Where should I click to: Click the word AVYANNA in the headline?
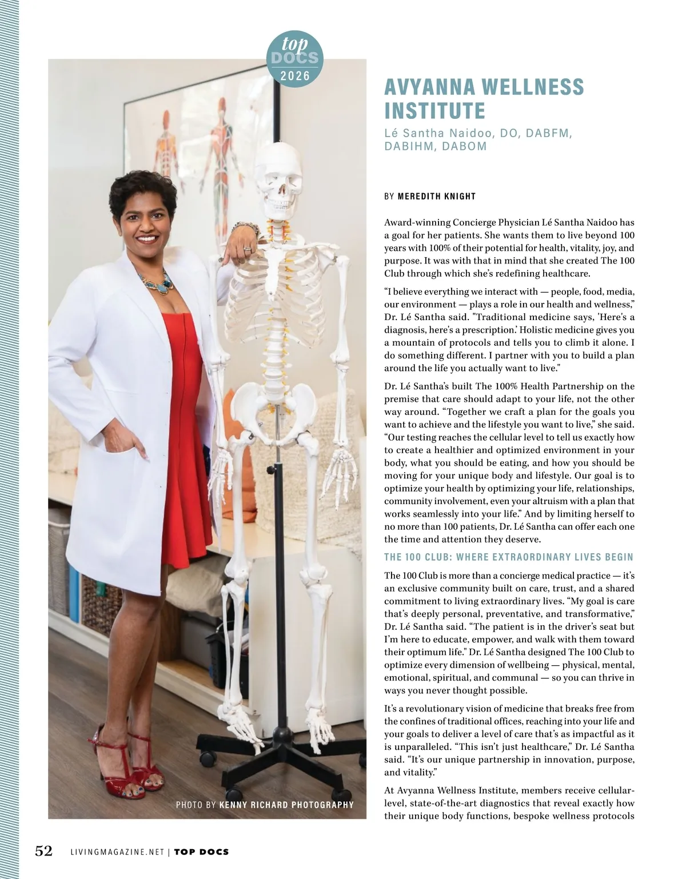(428, 87)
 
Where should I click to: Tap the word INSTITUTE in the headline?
(434, 110)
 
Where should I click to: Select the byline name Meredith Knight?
(437, 197)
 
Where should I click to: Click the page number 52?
(44, 851)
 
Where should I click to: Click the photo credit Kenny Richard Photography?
(286, 805)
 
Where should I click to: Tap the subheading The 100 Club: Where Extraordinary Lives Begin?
(509, 557)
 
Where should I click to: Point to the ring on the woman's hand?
(247, 249)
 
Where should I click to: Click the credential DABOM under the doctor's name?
(464, 146)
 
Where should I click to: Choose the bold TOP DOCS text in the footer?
(201, 852)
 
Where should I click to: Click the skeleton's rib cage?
(280, 297)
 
